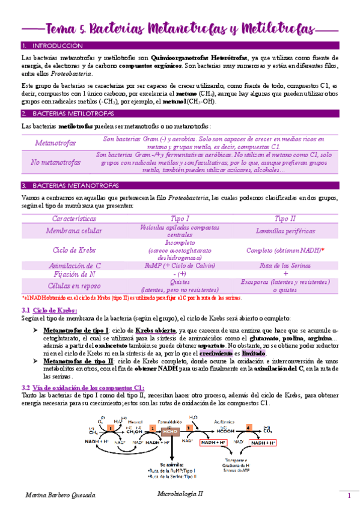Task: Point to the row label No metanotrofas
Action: pos(56,162)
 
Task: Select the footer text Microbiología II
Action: pos(177,493)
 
